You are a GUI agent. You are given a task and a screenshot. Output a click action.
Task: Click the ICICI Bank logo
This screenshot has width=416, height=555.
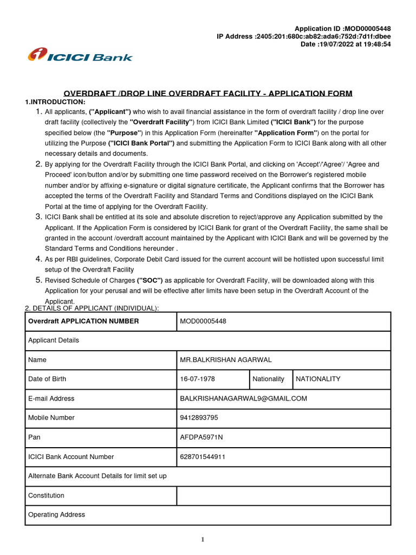tap(80, 55)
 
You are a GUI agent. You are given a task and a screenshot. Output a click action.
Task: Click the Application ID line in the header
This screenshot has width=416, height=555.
tap(342, 29)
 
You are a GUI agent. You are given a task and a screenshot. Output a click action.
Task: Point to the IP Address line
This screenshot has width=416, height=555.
tap(303, 36)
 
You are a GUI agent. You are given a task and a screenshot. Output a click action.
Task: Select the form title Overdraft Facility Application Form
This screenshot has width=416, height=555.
tap(208, 93)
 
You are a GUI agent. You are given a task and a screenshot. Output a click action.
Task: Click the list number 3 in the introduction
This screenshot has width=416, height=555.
tap(38, 217)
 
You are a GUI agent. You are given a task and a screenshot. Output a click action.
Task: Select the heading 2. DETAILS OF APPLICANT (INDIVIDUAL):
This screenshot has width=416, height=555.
tap(92, 308)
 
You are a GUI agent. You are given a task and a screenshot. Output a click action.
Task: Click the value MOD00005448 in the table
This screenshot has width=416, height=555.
tap(203, 321)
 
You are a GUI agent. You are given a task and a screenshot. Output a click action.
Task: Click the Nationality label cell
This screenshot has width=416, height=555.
tap(268, 379)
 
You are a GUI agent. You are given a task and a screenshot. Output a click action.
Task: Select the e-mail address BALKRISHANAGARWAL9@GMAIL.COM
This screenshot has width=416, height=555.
tap(243, 398)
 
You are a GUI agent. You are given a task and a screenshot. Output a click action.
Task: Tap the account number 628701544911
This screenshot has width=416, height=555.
tap(203, 457)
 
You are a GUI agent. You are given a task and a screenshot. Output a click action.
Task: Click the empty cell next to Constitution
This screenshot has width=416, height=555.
tap(283, 495)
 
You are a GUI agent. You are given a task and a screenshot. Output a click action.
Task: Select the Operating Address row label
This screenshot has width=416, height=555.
tap(56, 515)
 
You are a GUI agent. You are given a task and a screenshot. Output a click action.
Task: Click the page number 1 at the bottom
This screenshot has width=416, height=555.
tap(203, 540)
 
